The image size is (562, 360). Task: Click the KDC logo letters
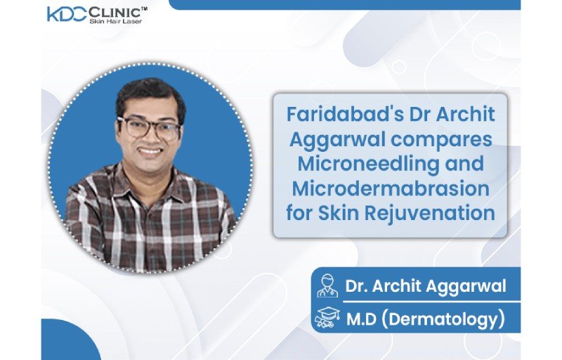[x=67, y=14]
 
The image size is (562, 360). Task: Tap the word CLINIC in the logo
[x=115, y=13]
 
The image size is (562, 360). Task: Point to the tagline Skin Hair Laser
[x=115, y=21]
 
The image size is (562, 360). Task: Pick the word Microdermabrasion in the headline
[x=391, y=188]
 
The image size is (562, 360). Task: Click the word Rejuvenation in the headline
[x=430, y=213]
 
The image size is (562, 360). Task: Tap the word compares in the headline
[x=442, y=140]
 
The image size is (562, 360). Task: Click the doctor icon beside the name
[x=327, y=285]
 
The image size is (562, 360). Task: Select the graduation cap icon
[x=327, y=318]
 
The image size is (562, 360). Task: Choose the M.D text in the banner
[x=361, y=319]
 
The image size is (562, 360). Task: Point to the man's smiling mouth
[x=150, y=151]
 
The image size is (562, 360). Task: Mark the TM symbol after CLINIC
[x=144, y=10]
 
